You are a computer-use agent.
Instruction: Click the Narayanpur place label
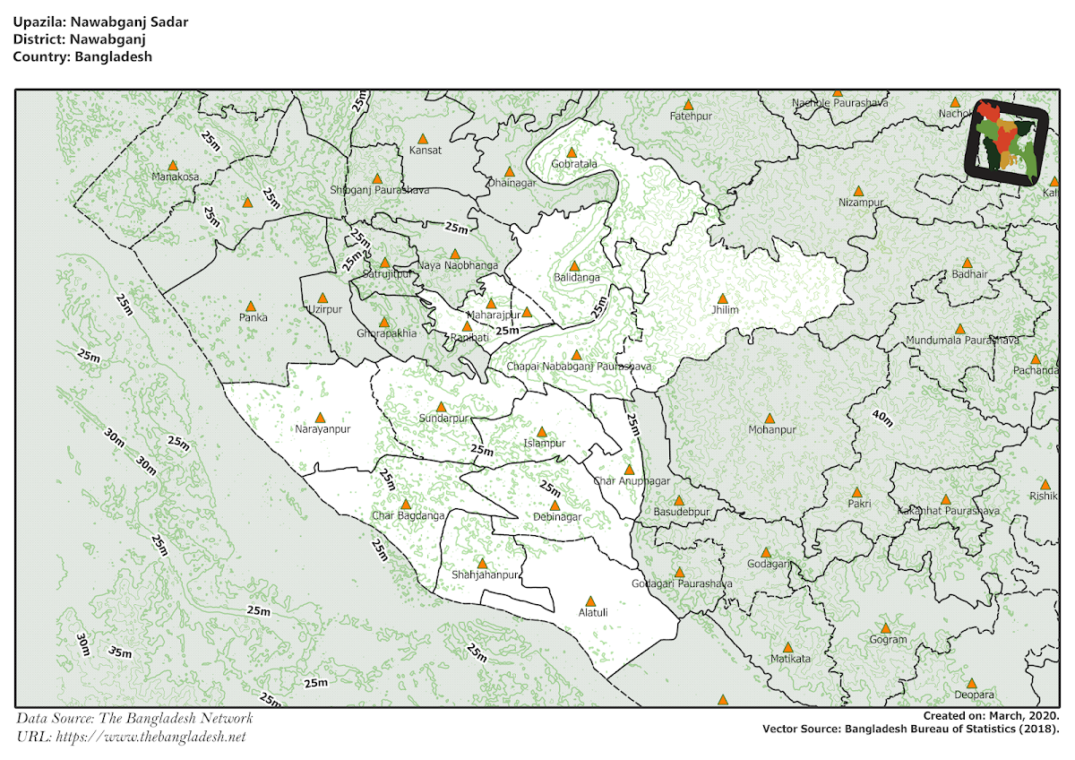pyautogui.click(x=320, y=430)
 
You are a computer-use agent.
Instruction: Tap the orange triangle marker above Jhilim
pyautogui.click(x=722, y=298)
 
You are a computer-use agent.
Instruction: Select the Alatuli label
pyautogui.click(x=592, y=613)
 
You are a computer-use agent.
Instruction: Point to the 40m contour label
pyautogui.click(x=881, y=418)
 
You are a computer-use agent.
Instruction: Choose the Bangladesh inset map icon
pyautogui.click(x=1007, y=142)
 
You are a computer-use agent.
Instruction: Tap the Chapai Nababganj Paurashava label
pyautogui.click(x=578, y=367)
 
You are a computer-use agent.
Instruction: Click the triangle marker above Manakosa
pyautogui.click(x=173, y=165)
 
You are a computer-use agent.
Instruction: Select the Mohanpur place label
pyautogui.click(x=771, y=430)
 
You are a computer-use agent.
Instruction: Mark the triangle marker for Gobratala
pyautogui.click(x=572, y=152)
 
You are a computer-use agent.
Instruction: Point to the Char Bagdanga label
pyautogui.click(x=408, y=516)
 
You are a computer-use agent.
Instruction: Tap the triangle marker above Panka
pyautogui.click(x=251, y=306)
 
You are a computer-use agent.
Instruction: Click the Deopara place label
pyautogui.click(x=974, y=695)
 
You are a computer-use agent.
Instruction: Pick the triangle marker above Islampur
pyautogui.click(x=542, y=431)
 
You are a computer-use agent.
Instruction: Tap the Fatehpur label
pyautogui.click(x=690, y=117)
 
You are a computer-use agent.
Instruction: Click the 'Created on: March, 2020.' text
pyautogui.click(x=991, y=715)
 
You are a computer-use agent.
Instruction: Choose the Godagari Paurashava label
pyautogui.click(x=682, y=584)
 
